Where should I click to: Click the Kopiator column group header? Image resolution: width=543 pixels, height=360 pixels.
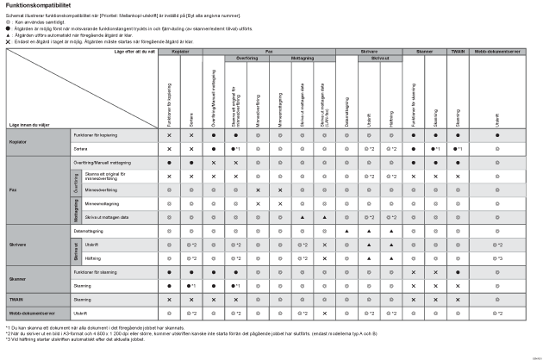coord(181,52)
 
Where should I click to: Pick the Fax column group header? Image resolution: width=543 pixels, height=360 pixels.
coord(269,52)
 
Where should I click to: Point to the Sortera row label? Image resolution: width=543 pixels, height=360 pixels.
coord(83,149)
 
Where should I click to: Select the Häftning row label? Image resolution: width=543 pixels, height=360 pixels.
coord(84,258)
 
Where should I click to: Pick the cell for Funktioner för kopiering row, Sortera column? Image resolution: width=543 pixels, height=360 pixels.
coord(191,136)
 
